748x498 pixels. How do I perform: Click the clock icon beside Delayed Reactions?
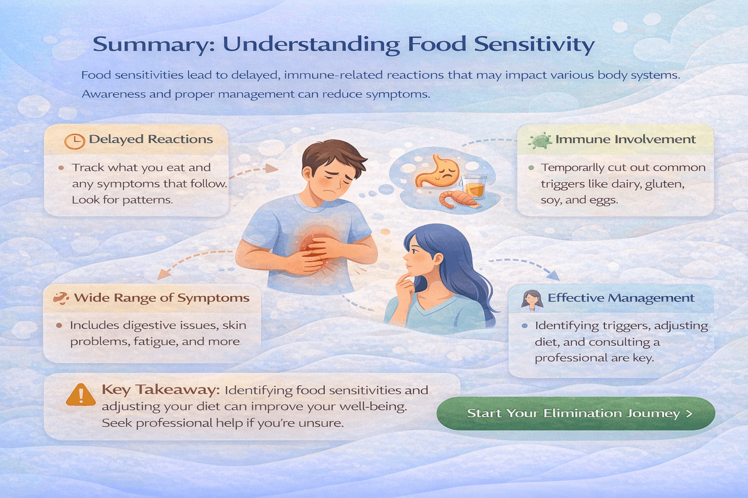[x=75, y=141]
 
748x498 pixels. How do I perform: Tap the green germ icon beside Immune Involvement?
[x=540, y=140]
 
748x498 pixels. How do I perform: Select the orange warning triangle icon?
[x=81, y=394]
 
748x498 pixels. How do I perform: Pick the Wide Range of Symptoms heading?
[x=162, y=298]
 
